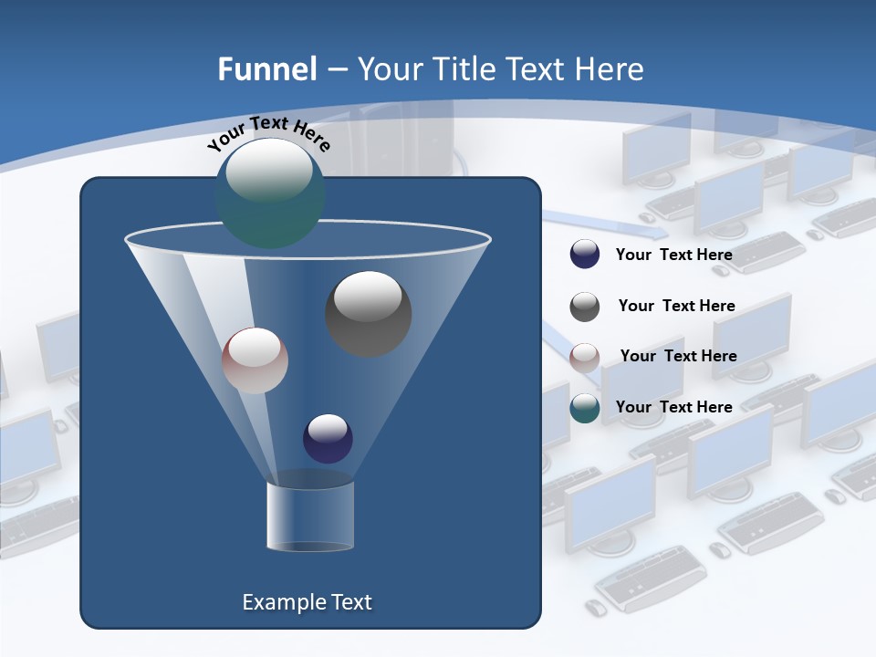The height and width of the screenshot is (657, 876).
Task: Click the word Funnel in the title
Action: coord(266,69)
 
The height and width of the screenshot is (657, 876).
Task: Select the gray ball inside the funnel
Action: coord(368,314)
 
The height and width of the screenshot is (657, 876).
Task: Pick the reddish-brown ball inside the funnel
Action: coord(255,360)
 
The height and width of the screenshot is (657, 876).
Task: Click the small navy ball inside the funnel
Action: coord(328,438)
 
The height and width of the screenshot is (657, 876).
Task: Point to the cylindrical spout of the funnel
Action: coord(309,516)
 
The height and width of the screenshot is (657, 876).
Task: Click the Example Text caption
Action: coord(307,602)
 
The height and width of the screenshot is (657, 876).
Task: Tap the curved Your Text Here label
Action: coord(268,133)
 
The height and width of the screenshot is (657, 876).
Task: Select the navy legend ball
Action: coord(585,255)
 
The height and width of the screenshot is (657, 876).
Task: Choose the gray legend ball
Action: coord(585,306)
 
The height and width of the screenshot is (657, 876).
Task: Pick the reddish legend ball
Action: coord(585,357)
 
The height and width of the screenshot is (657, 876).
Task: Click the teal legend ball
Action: coord(585,408)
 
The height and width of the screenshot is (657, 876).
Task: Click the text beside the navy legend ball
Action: coord(673,255)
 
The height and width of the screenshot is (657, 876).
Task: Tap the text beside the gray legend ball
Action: coord(676,306)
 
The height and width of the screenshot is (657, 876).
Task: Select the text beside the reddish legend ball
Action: coord(678,356)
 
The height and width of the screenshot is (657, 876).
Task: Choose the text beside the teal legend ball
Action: coord(673,407)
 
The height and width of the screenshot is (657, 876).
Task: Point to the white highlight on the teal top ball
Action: coord(269,171)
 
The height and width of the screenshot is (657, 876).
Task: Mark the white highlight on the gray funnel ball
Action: coord(368,296)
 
